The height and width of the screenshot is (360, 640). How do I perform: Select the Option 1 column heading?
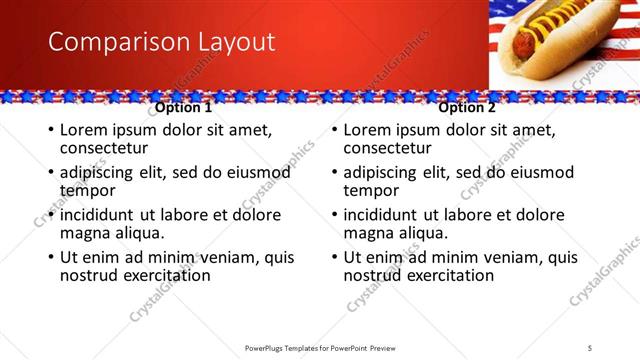coord(184,108)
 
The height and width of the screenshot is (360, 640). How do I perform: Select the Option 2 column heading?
coord(467,108)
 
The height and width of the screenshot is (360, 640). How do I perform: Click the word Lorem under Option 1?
coord(85,130)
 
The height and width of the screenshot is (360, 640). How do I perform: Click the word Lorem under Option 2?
coord(369,130)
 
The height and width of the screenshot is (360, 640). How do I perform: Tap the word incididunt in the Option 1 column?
coord(104,215)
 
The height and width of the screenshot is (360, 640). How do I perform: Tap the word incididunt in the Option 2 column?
coord(388,215)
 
